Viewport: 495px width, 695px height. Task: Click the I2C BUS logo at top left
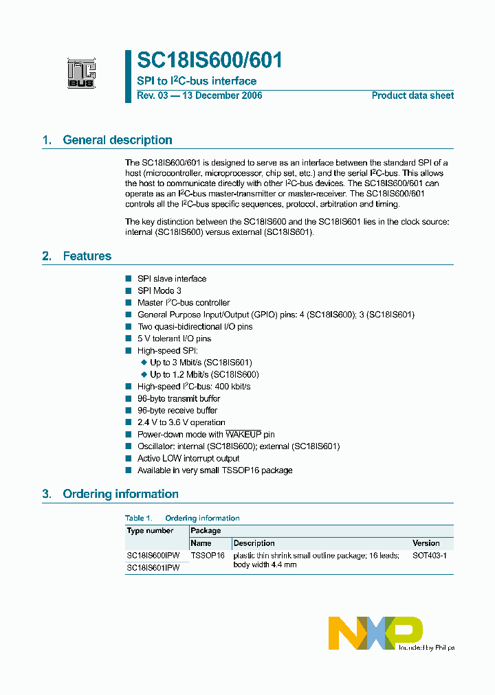tap(81, 73)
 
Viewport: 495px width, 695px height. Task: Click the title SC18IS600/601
tap(210, 60)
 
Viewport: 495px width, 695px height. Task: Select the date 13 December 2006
tap(221, 95)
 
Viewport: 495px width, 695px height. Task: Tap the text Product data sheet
tap(412, 95)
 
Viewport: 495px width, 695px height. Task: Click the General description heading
tap(117, 140)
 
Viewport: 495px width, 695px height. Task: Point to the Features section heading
tap(87, 256)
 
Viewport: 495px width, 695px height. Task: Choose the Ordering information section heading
tap(120, 494)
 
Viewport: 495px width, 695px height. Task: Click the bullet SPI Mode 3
tap(159, 290)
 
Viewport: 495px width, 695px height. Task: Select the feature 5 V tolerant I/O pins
tap(174, 339)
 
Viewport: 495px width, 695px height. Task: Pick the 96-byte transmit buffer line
tap(179, 398)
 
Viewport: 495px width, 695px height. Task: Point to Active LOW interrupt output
tap(188, 459)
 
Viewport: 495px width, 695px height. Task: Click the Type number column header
tap(150, 531)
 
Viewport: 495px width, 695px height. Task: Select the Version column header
tap(426, 543)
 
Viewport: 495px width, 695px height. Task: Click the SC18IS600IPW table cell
tap(153, 556)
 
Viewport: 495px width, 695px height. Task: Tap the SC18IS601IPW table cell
tap(153, 568)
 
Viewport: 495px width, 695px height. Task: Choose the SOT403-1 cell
tap(430, 556)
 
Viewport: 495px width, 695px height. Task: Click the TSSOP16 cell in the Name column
tap(208, 556)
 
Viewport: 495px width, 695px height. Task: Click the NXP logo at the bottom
tap(375, 633)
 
